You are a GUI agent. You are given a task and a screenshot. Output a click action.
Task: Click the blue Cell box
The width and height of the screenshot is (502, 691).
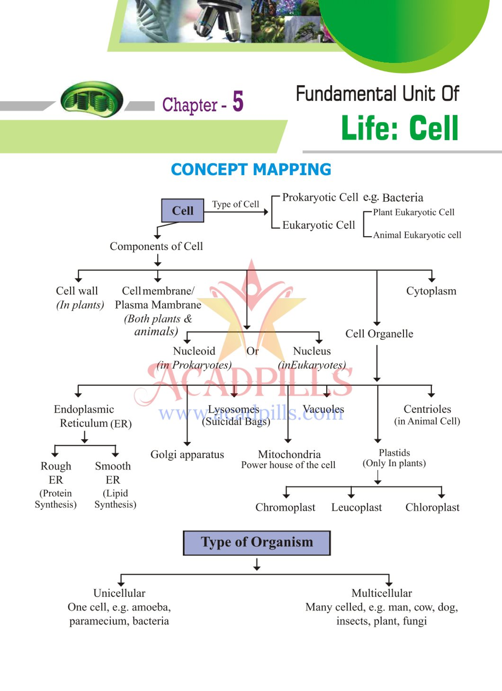click(182, 210)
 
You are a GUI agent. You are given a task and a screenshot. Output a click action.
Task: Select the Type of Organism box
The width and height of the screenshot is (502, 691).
click(256, 543)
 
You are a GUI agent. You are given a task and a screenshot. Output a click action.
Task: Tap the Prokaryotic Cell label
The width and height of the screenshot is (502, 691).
click(320, 197)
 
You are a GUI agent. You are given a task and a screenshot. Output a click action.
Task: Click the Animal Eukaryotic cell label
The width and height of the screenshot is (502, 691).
click(417, 235)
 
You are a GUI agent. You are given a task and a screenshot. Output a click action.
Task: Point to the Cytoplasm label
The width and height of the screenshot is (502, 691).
click(431, 291)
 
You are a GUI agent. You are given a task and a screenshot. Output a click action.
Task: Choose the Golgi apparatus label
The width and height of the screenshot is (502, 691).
click(187, 454)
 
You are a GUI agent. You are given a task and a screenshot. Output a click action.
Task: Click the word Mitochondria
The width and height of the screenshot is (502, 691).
click(289, 454)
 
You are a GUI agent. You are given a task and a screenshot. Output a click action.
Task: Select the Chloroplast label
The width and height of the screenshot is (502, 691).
click(432, 507)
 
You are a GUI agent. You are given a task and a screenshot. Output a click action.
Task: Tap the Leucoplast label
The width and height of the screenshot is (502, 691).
click(356, 507)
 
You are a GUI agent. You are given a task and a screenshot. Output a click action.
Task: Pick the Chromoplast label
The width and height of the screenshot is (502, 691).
click(285, 507)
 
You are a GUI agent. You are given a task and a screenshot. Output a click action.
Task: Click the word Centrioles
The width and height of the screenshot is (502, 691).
click(427, 409)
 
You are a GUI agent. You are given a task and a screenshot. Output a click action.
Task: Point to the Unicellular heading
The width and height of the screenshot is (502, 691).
click(119, 593)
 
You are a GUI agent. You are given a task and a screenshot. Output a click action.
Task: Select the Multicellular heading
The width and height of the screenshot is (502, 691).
click(382, 593)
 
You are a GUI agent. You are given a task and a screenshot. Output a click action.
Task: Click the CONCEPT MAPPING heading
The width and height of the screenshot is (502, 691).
click(251, 170)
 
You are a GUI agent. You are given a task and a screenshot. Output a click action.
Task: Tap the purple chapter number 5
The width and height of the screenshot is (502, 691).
click(238, 102)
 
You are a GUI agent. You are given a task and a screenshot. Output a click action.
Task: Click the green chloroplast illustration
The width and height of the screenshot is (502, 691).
click(92, 99)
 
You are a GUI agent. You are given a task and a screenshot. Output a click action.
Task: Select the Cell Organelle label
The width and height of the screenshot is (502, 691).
click(379, 334)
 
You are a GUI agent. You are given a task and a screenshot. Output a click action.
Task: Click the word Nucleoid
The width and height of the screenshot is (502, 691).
click(194, 351)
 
